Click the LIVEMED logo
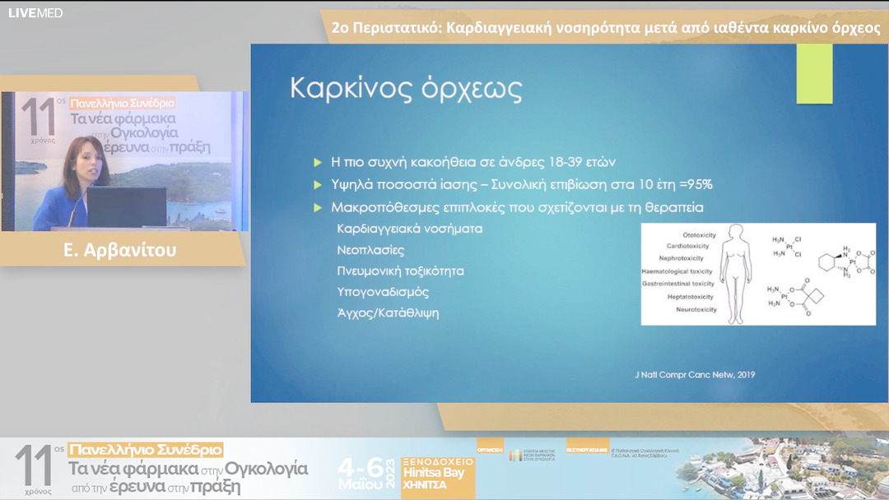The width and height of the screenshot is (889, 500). tap(35, 13)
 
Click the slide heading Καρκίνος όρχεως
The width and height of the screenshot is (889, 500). tap(407, 90)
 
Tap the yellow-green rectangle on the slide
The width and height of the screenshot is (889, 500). tap(814, 74)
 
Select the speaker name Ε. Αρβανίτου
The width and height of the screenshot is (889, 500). tap(120, 250)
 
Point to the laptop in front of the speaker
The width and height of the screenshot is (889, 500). tap(127, 207)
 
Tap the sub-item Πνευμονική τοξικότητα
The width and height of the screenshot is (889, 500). tap(400, 271)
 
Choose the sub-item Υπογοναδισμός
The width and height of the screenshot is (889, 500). tap(383, 292)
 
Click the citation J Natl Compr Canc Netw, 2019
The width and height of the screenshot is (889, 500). tap(689, 374)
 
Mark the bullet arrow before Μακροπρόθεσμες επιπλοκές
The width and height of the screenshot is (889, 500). tap(318, 207)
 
